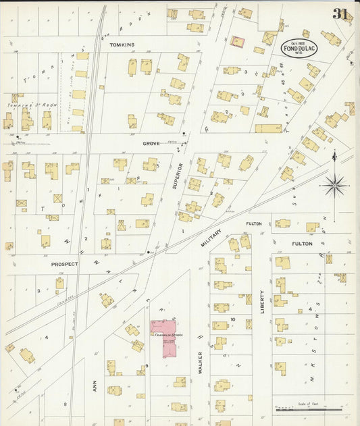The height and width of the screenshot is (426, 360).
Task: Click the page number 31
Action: (x=340, y=14)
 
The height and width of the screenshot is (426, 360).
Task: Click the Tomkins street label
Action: (x=122, y=45)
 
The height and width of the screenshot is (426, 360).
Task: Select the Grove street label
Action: (x=151, y=143)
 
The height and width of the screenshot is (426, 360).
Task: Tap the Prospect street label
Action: (x=65, y=264)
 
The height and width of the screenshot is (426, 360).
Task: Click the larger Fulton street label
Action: (x=302, y=244)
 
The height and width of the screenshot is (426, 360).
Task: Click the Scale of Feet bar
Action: (x=309, y=409)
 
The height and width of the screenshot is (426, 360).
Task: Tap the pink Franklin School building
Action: (x=163, y=340)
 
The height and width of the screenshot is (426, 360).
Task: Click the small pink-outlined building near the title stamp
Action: (x=237, y=42)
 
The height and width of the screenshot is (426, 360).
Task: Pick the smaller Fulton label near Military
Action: (x=254, y=223)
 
